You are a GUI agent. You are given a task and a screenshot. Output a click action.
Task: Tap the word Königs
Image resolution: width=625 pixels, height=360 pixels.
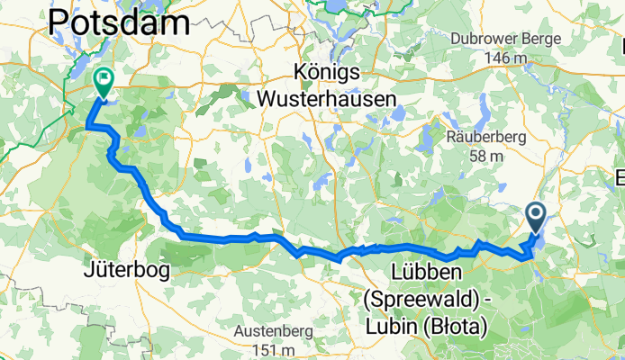(x=326, y=71)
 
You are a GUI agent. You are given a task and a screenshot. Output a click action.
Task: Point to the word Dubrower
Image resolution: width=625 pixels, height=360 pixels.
(x=484, y=39)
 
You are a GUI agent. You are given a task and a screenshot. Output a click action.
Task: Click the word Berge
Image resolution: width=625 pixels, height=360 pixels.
(x=541, y=39)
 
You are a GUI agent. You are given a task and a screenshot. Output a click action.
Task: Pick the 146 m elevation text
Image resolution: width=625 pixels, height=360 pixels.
(x=504, y=58)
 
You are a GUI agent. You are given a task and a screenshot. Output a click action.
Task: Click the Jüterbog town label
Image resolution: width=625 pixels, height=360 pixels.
(x=123, y=271)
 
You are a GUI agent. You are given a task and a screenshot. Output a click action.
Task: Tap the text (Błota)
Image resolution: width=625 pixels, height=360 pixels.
(x=454, y=324)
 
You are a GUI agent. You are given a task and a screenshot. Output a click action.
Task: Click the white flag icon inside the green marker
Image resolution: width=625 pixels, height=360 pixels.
(x=104, y=79)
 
